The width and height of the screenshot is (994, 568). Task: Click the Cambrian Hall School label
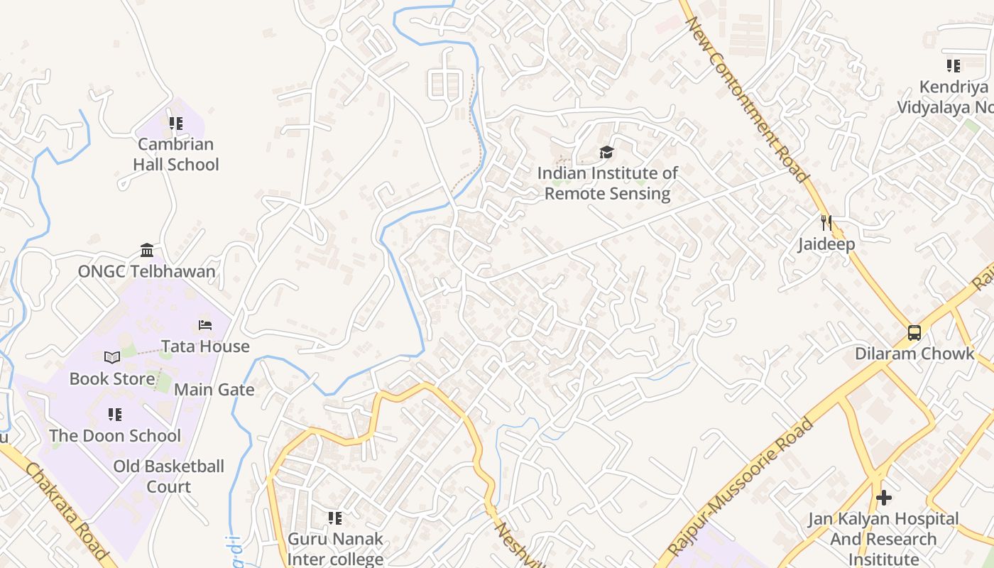[x=175, y=154]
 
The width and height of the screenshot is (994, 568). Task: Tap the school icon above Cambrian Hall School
[x=175, y=124]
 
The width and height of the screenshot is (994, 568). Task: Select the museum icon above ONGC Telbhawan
[x=147, y=250]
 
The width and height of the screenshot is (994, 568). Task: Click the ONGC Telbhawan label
[x=146, y=271]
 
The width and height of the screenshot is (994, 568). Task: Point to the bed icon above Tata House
[x=205, y=325]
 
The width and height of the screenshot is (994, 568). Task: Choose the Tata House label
[x=205, y=346]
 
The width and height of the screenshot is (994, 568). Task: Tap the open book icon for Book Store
[x=112, y=357]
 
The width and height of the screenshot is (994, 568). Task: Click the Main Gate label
[x=214, y=390]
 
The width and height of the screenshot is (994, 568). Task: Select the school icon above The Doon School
[x=115, y=414]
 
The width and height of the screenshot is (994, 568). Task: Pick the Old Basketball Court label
[x=169, y=476]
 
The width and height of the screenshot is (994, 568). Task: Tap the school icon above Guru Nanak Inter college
[x=335, y=518]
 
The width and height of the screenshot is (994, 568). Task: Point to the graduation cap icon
[x=606, y=152]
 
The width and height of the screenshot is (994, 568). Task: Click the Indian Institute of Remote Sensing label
[x=608, y=183]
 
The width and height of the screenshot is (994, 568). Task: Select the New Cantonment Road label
[x=747, y=99]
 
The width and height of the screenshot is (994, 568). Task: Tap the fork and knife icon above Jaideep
[x=826, y=223]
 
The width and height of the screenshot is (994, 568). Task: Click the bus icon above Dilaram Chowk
[x=914, y=332]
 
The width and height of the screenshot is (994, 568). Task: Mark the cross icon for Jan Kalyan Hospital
[x=883, y=498]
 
